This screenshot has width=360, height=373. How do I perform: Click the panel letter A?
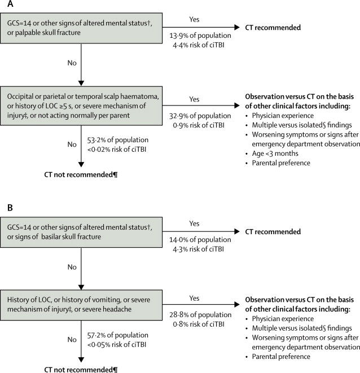point(10,4)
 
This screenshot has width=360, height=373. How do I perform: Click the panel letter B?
point(10,208)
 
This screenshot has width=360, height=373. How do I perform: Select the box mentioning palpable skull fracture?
point(81,28)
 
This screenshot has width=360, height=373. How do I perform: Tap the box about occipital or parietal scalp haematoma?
point(81,106)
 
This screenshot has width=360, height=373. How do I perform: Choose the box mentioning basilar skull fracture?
point(81,232)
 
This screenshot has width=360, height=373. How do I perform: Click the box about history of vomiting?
point(81,305)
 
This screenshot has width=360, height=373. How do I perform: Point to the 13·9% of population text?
point(200,36)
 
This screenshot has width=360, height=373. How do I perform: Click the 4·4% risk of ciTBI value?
point(199,45)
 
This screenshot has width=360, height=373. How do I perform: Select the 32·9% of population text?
point(200,116)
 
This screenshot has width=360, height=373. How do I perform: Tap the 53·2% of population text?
point(118,140)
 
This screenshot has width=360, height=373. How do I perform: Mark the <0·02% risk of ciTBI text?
point(117,150)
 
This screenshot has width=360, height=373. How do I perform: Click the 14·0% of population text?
point(200,240)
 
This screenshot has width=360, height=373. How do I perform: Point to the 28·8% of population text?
point(200,315)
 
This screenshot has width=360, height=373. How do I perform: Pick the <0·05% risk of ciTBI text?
point(117,344)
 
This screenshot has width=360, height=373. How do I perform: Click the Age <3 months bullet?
point(272,153)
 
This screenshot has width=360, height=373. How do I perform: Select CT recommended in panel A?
point(273,28)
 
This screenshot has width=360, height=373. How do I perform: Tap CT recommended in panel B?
point(273,232)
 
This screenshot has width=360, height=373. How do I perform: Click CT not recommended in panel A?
point(81,175)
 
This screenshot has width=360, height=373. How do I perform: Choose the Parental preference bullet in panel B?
point(278,357)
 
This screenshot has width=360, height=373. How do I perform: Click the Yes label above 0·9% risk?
point(194,99)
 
